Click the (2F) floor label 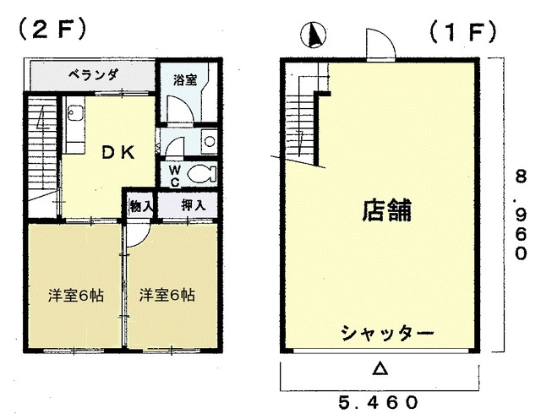(52, 30)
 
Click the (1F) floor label (462, 34)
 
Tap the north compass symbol (314, 35)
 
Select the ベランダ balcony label (94, 74)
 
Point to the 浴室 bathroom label (185, 79)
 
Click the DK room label (118, 152)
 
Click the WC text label (175, 176)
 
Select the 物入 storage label (141, 206)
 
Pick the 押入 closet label (194, 205)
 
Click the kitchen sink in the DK (74, 112)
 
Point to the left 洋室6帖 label (75, 295)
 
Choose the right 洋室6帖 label (167, 295)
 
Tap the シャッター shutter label (387, 333)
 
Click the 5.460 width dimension (378, 402)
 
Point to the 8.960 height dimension (521, 215)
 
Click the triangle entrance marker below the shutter (380, 368)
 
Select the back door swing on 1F (380, 43)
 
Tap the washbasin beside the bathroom (209, 141)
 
